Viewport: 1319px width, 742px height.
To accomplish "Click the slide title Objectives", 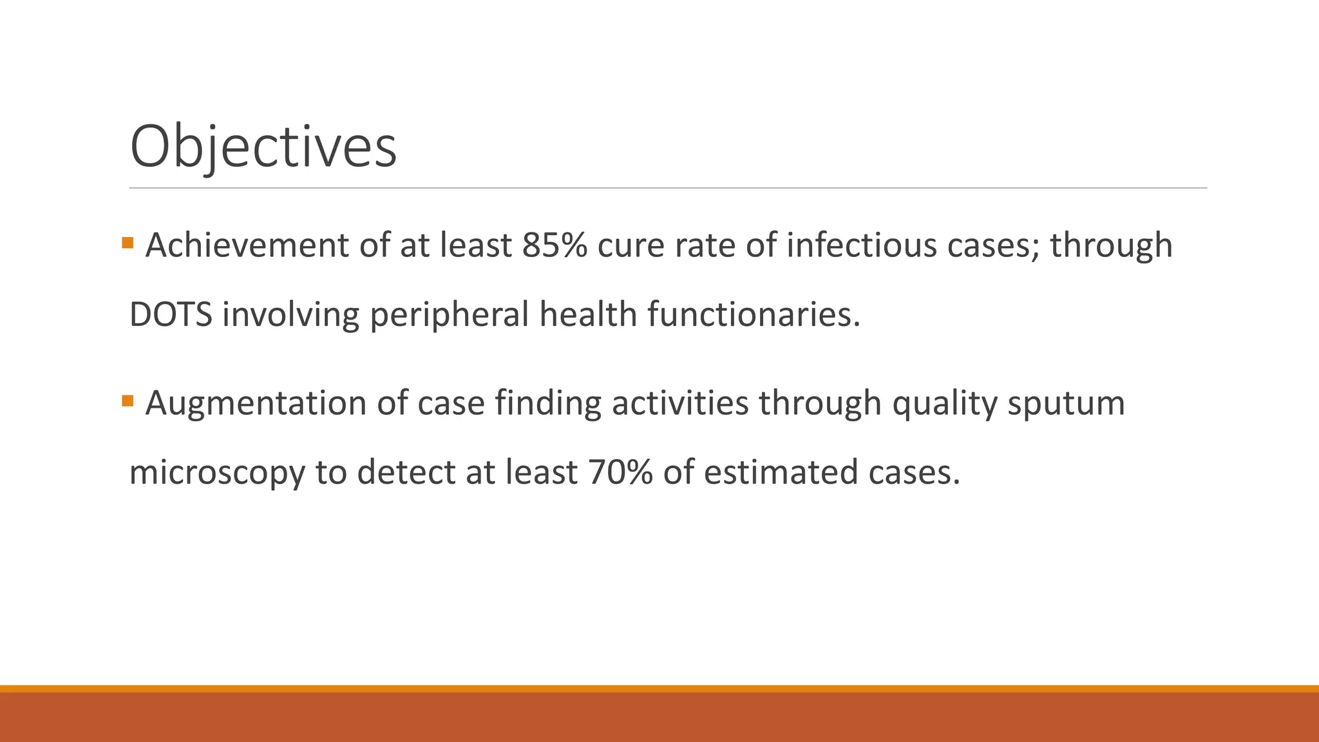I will pyautogui.click(x=263, y=147).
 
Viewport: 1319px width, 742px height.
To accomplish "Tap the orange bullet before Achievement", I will pyautogui.click(x=128, y=243).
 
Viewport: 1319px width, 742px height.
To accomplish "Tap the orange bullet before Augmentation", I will pyautogui.click(x=128, y=401).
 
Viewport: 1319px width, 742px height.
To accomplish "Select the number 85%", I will pyautogui.click(x=555, y=245).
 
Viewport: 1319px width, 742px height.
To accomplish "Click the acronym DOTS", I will pyautogui.click(x=171, y=314).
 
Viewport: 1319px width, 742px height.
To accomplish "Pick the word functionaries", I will pyautogui.click(x=753, y=314).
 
